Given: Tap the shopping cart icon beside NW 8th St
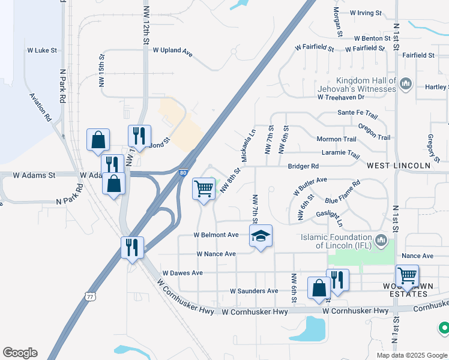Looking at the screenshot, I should [x=204, y=188].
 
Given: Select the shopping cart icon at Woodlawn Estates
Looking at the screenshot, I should [x=408, y=275].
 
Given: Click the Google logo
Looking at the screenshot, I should [x=20, y=352].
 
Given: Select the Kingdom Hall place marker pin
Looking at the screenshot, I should [x=405, y=83].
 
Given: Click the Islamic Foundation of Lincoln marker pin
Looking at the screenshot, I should [x=381, y=241].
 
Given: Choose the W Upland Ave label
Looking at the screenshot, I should [x=172, y=52].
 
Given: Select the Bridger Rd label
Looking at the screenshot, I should [x=303, y=166].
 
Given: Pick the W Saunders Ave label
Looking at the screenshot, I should [x=254, y=291].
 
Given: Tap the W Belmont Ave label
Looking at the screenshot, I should [x=216, y=235].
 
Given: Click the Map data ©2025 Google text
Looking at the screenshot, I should [x=411, y=355].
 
